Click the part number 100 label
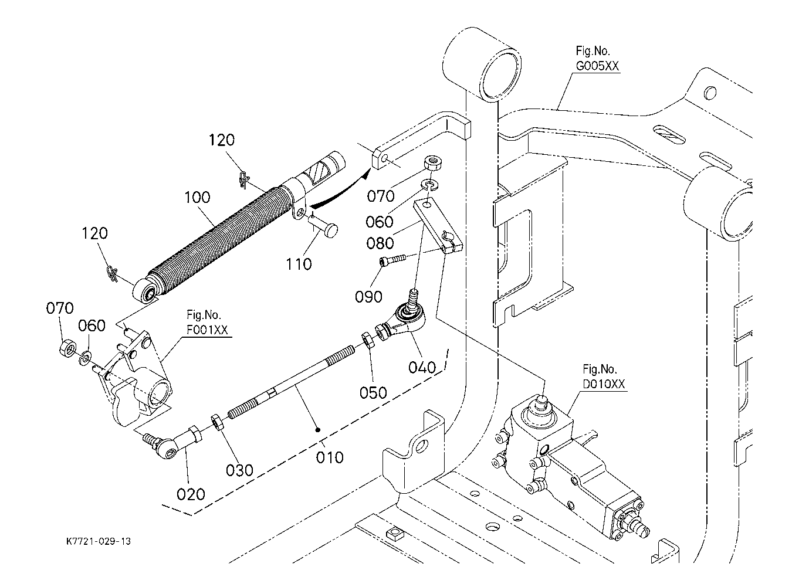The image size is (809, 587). click(x=197, y=198)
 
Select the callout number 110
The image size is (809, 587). click(x=299, y=264)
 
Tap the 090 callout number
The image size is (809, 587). click(x=368, y=297)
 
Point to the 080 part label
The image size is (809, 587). click(x=380, y=243)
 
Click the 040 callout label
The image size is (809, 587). click(x=422, y=368)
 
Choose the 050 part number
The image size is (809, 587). click(x=373, y=392)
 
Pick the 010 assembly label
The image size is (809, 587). click(x=330, y=458)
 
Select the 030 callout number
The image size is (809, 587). click(x=239, y=470)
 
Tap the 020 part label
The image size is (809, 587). click(x=191, y=494)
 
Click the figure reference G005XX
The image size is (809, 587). click(x=597, y=66)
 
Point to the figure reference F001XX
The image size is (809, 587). click(x=207, y=330)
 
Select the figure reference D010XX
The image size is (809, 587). click(x=604, y=384)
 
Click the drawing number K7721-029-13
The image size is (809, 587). click(x=99, y=541)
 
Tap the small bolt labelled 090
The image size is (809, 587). click(x=392, y=260)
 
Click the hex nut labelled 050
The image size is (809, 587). click(x=367, y=340)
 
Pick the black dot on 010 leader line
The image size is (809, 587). click(x=318, y=430)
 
